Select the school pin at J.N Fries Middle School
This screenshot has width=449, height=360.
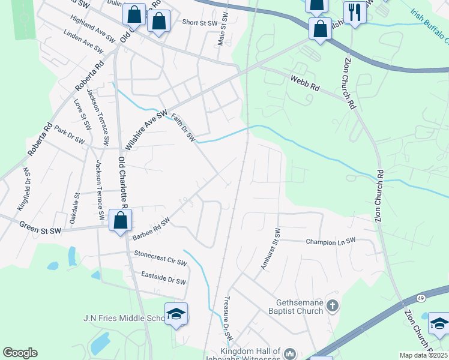click(176, 314)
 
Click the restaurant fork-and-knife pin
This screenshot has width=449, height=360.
click(355, 12)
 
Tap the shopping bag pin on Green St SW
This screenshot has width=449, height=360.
click(121, 220)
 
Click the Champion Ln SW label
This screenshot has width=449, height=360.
click(331, 241)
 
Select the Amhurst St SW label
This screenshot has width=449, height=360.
click(269, 249)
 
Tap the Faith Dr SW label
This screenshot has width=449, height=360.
click(183, 128)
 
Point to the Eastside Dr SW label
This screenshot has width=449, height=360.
click(163, 278)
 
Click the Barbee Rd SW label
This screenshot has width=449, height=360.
click(151, 229)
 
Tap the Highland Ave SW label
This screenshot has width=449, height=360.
click(92, 28)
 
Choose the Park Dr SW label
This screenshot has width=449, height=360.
click(70, 134)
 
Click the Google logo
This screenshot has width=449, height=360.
click(20, 353)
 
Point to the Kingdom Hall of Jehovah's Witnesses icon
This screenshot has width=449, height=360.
click(290, 353)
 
